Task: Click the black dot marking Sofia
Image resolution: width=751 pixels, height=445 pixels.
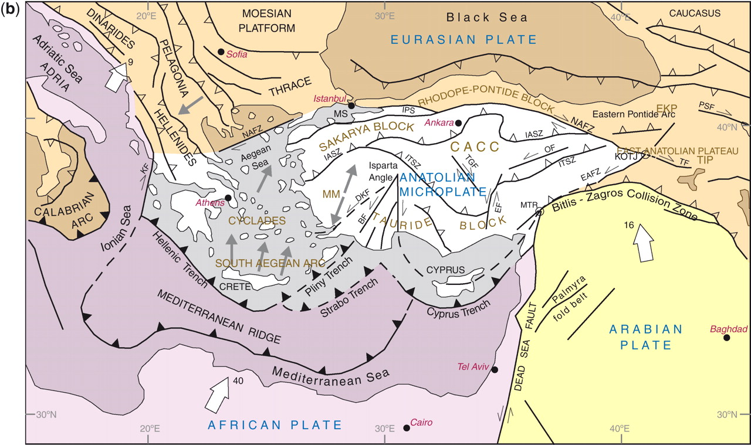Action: coord(221,52)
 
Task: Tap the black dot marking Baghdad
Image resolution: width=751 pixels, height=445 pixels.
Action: coord(727,338)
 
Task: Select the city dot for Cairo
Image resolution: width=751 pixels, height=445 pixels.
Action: coord(407,428)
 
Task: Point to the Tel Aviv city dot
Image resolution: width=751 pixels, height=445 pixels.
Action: coord(495,370)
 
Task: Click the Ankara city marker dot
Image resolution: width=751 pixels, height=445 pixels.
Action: coord(458,123)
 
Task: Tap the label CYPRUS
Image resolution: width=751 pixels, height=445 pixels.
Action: coord(446,270)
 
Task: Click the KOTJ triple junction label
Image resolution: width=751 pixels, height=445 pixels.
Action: coord(627,157)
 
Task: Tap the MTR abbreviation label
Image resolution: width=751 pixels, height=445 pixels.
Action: coord(529,205)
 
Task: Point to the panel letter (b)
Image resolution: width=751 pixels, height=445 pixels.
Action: coord(11,10)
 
